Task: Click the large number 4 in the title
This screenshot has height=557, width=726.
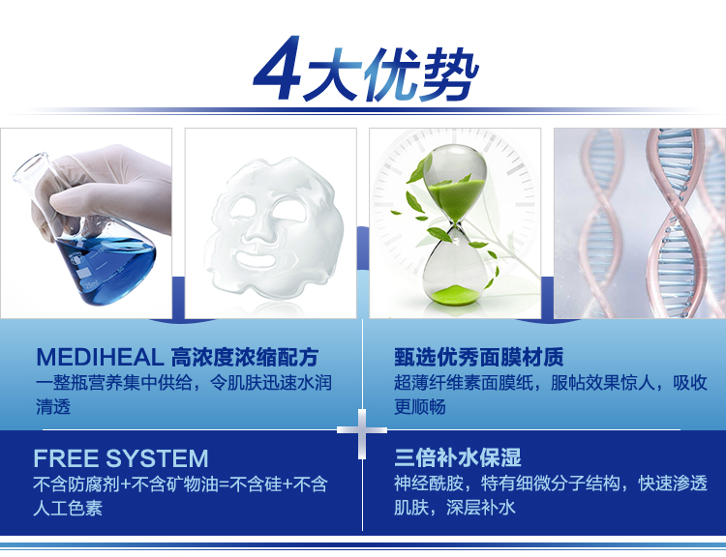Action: pyautogui.click(x=278, y=69)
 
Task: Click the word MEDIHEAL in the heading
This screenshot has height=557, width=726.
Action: pyautogui.click(x=100, y=357)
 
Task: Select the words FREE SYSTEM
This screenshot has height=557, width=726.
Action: pyautogui.click(x=121, y=458)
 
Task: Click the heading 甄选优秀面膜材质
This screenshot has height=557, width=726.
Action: pyautogui.click(x=479, y=357)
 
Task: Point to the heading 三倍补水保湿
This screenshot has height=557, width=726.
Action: pyautogui.click(x=458, y=457)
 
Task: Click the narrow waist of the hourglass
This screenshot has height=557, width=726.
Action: pyautogui.click(x=456, y=225)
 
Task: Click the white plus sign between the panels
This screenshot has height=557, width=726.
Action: pyautogui.click(x=362, y=431)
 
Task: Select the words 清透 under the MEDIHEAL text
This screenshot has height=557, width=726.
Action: pyautogui.click(x=53, y=407)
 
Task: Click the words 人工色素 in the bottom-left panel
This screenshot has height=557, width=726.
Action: pyautogui.click(x=68, y=509)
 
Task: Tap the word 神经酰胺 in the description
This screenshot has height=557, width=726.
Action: pyautogui.click(x=429, y=484)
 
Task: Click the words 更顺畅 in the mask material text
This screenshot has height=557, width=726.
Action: pyautogui.click(x=420, y=407)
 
